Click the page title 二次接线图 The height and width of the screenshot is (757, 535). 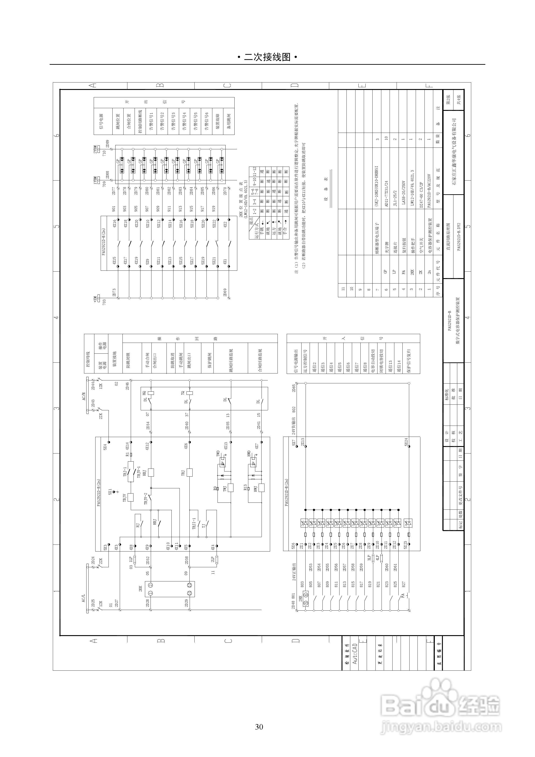pos(267,57)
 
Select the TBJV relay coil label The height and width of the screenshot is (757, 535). pos(125,498)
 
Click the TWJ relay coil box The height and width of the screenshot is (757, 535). pos(230,488)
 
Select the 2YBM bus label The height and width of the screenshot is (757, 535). pos(95,149)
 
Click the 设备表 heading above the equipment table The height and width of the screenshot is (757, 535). pos(326,189)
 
